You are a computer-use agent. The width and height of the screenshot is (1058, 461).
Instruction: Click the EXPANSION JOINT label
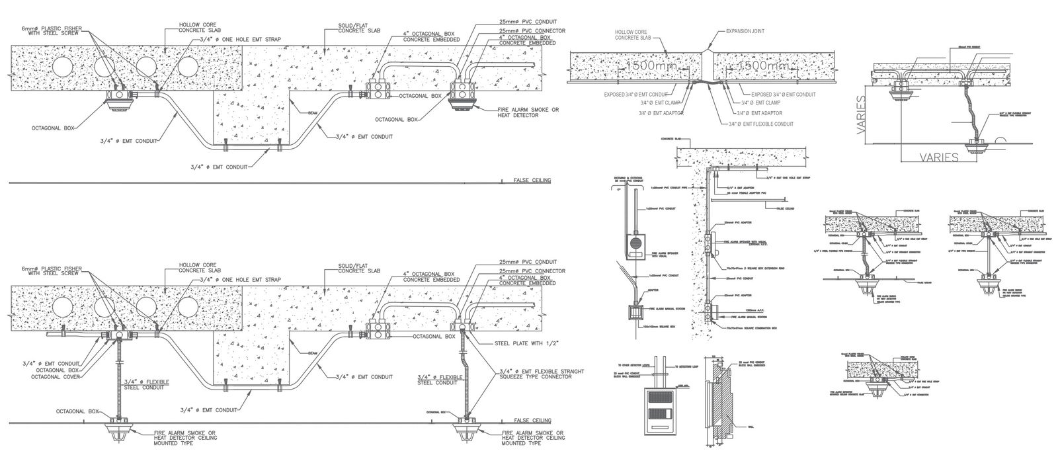tap(745, 30)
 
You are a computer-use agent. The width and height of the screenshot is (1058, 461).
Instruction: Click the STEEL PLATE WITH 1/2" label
tap(526, 343)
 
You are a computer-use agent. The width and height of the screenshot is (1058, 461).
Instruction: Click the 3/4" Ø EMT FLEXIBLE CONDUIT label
tap(761, 124)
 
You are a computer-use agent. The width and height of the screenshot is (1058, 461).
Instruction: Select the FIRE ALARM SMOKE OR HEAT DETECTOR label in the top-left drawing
tap(526, 112)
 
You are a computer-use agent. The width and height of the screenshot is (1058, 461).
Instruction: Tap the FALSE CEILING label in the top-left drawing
tap(532, 180)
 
